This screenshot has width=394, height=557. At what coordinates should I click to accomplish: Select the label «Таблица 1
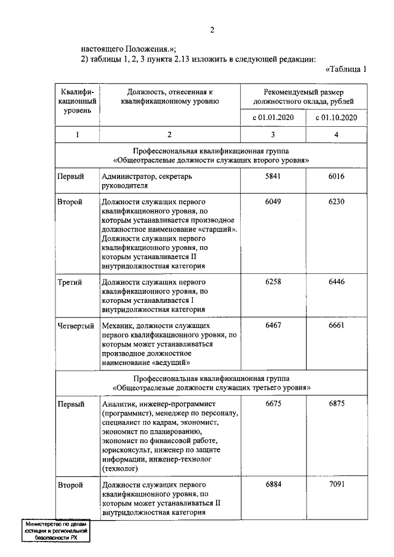coord(345,69)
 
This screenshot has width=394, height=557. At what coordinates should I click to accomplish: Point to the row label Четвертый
coord(76,324)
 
